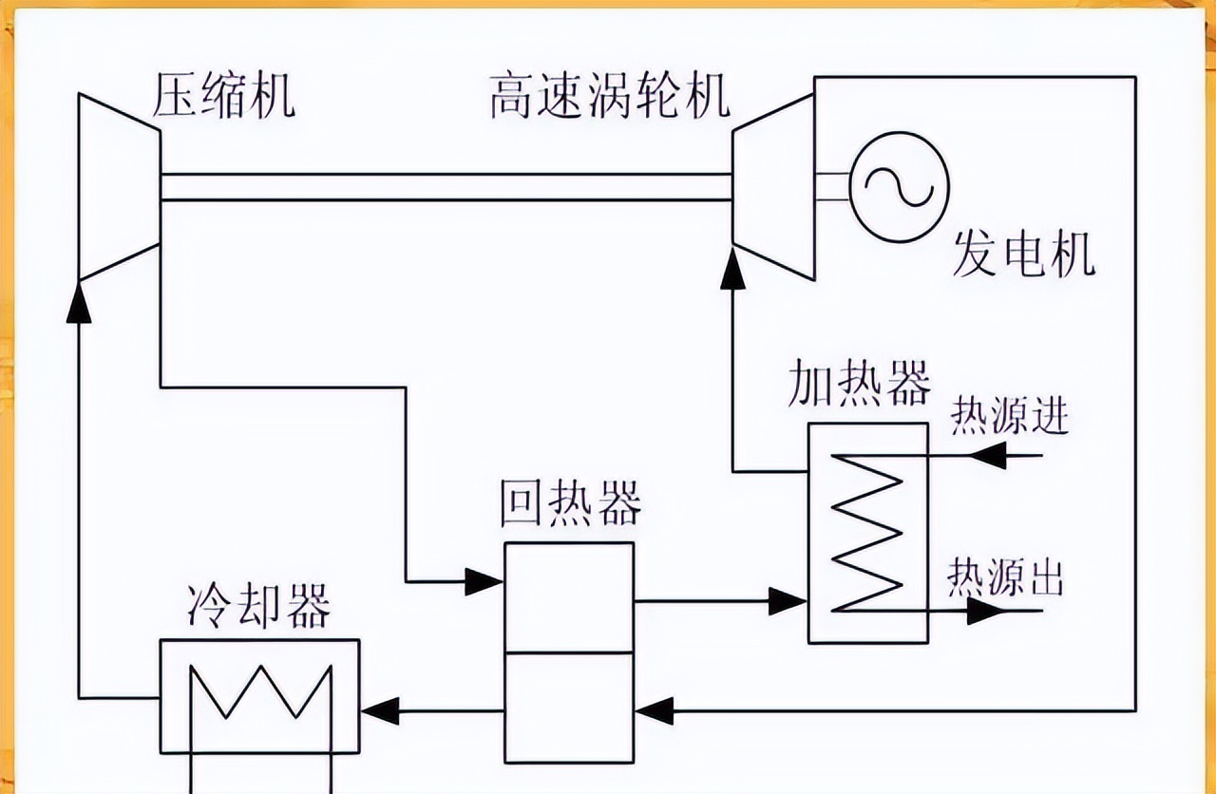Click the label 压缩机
[x=224, y=98]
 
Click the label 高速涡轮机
[x=610, y=98]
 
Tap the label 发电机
[x=1023, y=254]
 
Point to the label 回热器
[x=570, y=504]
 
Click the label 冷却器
[x=258, y=606]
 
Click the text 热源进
[x=1009, y=418]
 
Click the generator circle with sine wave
[x=899, y=181]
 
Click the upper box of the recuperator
[x=569, y=596]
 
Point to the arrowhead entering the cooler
[x=380, y=709]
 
